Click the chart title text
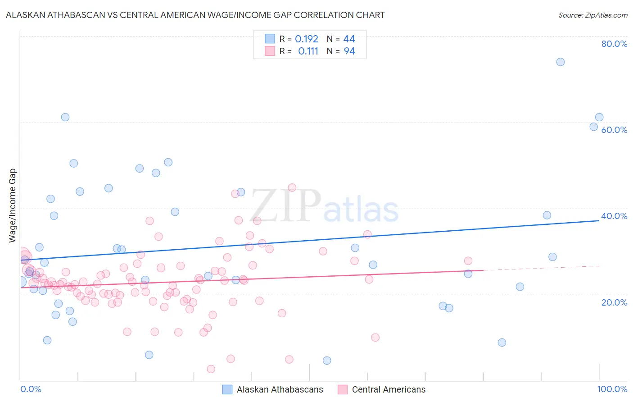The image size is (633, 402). [x=195, y=15]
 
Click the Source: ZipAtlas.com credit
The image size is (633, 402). [x=592, y=15]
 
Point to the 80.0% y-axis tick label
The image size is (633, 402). [x=614, y=44]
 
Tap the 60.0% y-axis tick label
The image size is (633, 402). [x=614, y=130]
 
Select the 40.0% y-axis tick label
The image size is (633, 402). [x=614, y=216]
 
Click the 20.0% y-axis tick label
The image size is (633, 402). [x=614, y=302]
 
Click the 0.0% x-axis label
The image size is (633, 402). [x=31, y=389]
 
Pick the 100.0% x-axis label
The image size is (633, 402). [x=612, y=389]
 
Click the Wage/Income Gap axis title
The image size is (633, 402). [x=13, y=206]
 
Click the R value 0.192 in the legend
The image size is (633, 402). [x=307, y=39]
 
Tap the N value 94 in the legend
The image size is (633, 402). [x=349, y=51]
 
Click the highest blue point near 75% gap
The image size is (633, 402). [x=560, y=62]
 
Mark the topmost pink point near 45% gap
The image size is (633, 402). [x=292, y=187]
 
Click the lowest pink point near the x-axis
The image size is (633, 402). [x=211, y=369]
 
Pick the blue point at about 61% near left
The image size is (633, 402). [x=65, y=117]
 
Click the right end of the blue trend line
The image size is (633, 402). [x=599, y=220]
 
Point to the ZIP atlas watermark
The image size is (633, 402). [x=324, y=206]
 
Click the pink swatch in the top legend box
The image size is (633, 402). [x=270, y=51]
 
